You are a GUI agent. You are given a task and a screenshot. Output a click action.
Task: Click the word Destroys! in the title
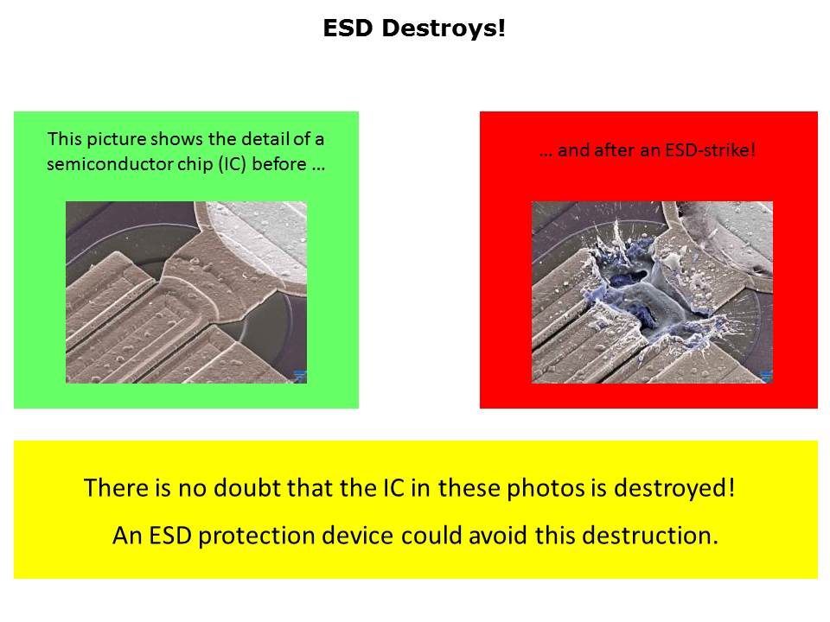[x=443, y=28]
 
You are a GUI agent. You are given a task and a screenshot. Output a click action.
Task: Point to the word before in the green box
[x=279, y=164]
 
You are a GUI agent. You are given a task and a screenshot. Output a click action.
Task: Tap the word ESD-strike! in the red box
[x=710, y=150]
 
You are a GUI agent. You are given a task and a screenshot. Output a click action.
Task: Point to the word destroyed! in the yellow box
[x=674, y=488]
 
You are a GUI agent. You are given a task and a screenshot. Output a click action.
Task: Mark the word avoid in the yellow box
[x=498, y=536]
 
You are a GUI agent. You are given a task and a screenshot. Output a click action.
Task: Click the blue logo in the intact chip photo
[x=300, y=376]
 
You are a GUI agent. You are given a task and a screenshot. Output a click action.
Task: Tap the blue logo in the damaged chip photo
[x=767, y=376]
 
